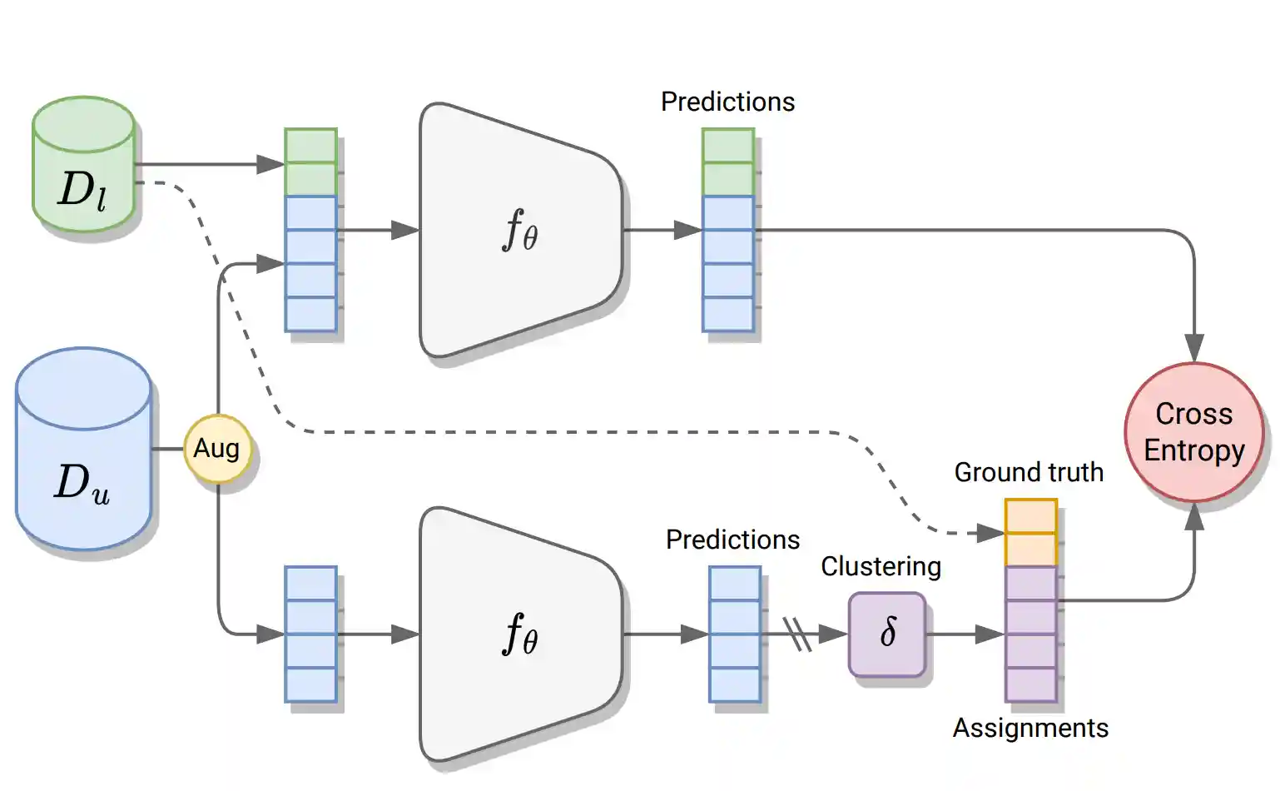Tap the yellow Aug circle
[216, 449]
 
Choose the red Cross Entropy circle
[1193, 432]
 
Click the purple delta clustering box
[887, 634]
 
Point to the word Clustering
[881, 566]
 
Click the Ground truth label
[1029, 472]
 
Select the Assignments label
[1030, 728]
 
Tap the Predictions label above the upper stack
[727, 102]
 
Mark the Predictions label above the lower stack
[732, 540]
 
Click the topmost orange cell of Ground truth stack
[1030, 516]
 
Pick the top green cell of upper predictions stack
[728, 146]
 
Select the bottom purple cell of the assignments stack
[1030, 684]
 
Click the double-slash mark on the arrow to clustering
[797, 634]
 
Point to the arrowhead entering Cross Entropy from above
[1194, 348]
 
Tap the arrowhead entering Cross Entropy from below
[1194, 517]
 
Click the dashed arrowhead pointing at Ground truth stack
[990, 533]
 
